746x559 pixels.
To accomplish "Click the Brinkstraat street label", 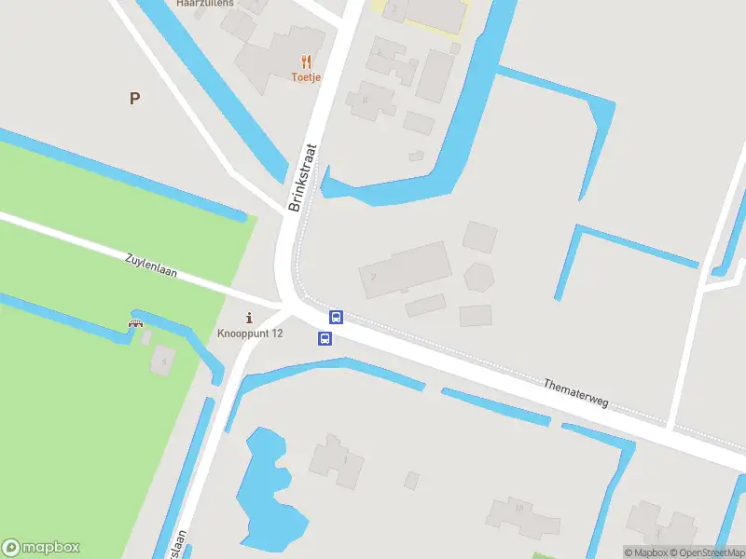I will [304, 177].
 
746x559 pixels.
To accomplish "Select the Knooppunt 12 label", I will [250, 334].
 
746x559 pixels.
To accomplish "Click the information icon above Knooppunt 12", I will [249, 318].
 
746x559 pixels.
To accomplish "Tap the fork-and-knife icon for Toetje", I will [305, 62].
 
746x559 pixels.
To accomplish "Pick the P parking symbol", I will [135, 98].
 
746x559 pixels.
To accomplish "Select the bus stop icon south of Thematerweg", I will [325, 338].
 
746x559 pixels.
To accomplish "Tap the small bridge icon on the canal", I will [135, 323].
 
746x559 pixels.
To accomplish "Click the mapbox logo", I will [41, 548].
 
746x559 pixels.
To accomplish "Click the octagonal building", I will [478, 278].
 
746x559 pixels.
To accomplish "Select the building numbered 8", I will [370, 100].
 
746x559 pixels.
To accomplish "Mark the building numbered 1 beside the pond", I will [338, 461].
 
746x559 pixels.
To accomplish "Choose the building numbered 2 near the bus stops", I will [405, 270].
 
